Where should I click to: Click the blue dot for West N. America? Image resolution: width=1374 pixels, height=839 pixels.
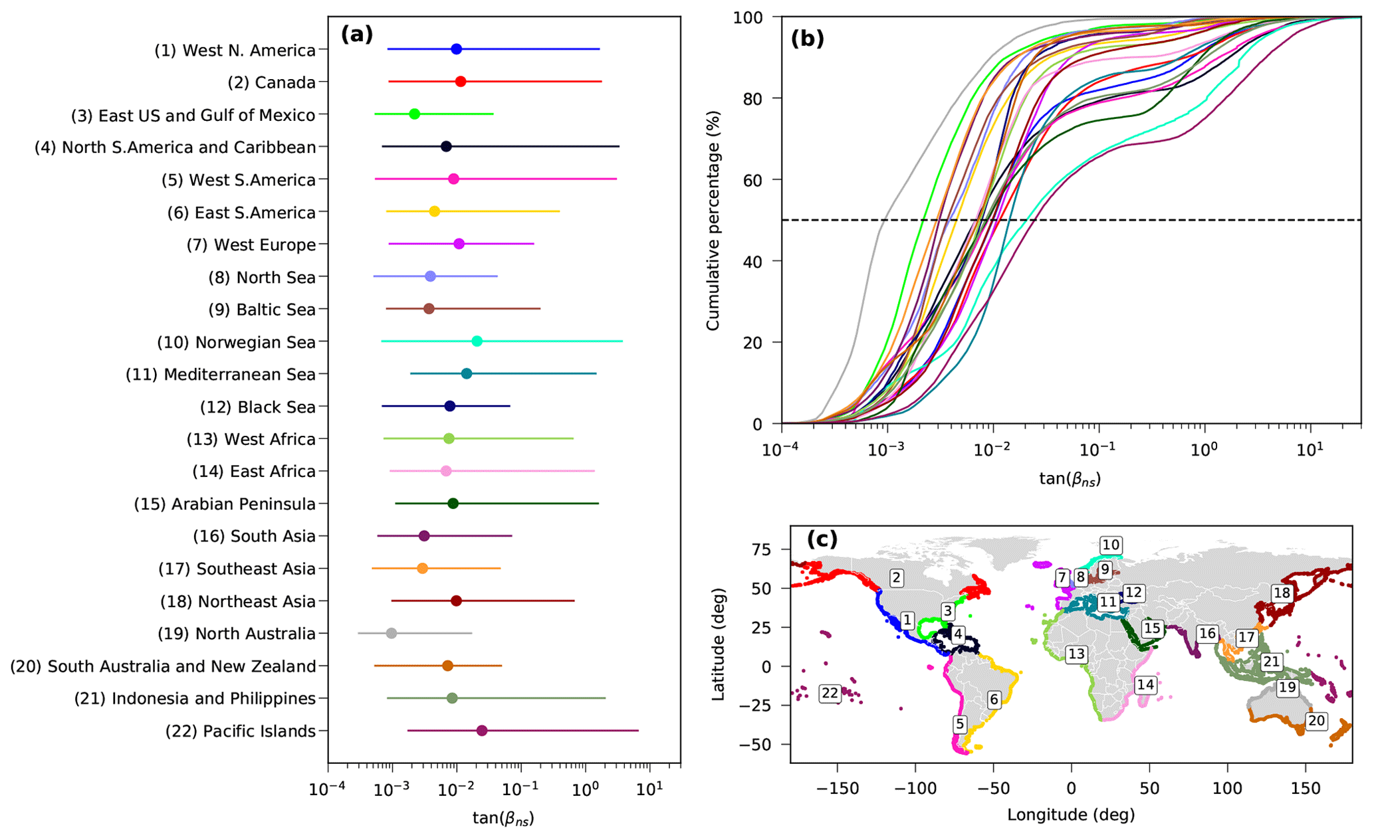(x=456, y=49)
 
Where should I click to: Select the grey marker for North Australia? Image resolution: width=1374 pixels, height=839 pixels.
(x=392, y=633)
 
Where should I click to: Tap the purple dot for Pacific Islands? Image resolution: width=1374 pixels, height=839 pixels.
(x=482, y=731)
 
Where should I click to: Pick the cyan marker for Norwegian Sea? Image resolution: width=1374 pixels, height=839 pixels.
(x=477, y=341)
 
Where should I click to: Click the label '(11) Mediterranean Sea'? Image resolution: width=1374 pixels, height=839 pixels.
(x=221, y=375)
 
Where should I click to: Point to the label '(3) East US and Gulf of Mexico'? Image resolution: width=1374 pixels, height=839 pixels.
(x=193, y=116)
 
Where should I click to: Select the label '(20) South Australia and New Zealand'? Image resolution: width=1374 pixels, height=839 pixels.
(x=163, y=666)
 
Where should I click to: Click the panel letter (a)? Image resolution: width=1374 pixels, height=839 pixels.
(x=357, y=35)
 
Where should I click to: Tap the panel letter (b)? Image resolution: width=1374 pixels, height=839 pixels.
(x=808, y=39)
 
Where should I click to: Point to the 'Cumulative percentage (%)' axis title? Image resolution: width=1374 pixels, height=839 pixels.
(x=713, y=221)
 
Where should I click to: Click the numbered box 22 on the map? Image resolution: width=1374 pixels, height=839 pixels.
(x=830, y=694)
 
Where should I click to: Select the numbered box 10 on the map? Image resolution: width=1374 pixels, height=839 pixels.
(x=1111, y=545)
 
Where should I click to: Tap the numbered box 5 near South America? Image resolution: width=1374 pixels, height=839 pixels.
(x=959, y=724)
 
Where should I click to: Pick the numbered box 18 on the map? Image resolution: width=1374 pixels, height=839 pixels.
(x=1282, y=593)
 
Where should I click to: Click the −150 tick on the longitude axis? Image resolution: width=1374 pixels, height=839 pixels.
(x=838, y=789)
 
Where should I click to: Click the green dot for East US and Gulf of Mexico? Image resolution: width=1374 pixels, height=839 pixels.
(x=414, y=114)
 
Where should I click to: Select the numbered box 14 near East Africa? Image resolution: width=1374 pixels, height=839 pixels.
(x=1145, y=685)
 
